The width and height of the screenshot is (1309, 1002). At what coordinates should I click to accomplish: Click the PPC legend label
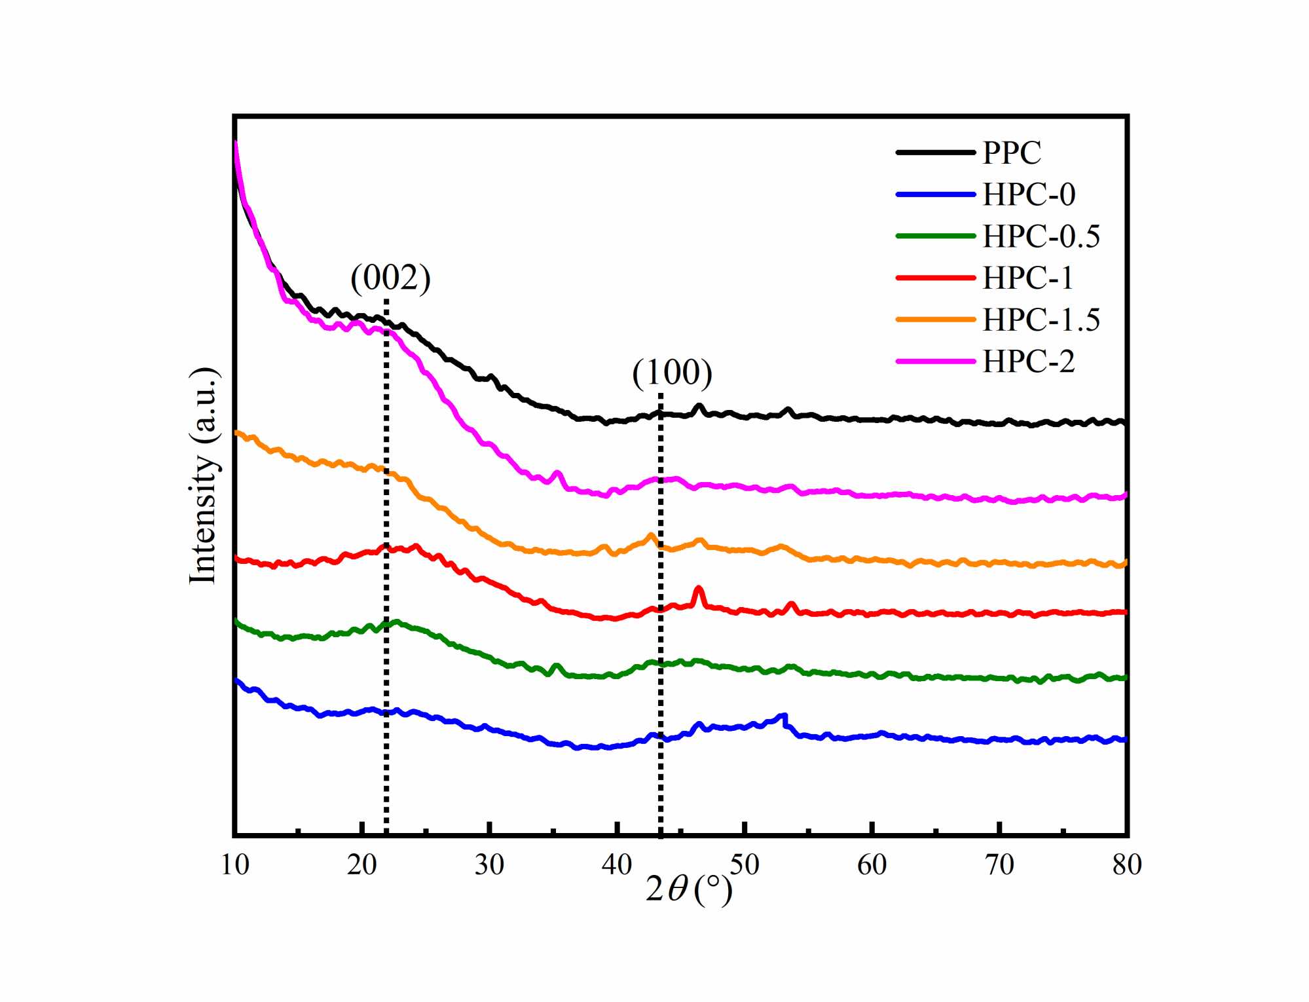click(1011, 153)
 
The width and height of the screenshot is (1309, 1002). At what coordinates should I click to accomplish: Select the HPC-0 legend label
click(1028, 195)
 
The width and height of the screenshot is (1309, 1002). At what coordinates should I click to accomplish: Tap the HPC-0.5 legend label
click(1041, 236)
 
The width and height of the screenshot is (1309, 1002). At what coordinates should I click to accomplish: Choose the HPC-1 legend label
click(1027, 278)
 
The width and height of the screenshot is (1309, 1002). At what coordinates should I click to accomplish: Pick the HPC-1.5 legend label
click(1041, 320)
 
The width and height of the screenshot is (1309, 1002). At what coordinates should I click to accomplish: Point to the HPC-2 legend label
click(1028, 362)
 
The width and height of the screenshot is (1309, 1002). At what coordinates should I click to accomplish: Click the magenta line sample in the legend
click(935, 362)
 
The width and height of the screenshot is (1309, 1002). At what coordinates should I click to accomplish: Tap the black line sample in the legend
click(935, 153)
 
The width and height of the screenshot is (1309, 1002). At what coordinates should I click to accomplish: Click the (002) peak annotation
click(390, 278)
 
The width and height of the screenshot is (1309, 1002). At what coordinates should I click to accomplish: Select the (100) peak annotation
click(672, 373)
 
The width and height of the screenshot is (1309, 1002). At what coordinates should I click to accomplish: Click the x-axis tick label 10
click(234, 865)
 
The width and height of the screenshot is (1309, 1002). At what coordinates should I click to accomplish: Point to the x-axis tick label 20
click(361, 865)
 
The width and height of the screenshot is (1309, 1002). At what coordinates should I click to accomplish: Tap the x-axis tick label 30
click(489, 865)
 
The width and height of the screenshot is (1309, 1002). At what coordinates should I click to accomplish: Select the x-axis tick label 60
click(872, 865)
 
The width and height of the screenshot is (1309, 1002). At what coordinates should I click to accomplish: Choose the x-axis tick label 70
click(999, 865)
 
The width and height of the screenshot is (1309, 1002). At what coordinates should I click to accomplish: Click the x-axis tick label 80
click(1126, 865)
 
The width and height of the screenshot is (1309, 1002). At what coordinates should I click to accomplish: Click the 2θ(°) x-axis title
click(688, 889)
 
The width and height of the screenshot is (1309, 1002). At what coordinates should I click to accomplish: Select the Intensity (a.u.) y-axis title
click(204, 475)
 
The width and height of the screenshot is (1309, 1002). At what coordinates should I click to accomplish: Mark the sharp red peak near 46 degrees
click(698, 589)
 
